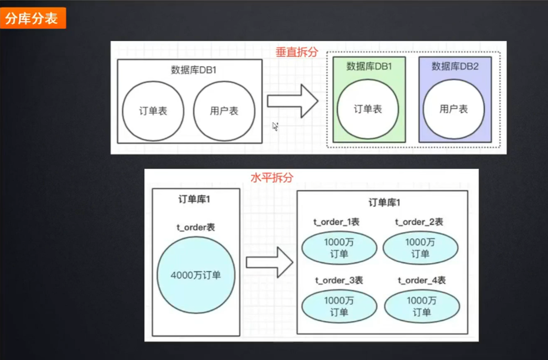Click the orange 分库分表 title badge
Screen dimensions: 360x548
32,18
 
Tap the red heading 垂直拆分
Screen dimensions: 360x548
297,52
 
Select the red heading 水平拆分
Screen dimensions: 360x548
272,178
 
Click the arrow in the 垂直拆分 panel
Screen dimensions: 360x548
293,101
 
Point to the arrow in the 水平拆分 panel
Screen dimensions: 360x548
269,262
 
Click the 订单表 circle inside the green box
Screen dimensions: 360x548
368,109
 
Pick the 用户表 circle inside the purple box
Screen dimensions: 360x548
454,109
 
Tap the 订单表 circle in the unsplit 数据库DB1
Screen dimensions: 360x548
153,111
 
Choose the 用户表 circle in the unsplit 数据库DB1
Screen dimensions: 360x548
224,111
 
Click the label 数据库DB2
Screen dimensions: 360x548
455,66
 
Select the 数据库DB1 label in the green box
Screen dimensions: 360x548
369,66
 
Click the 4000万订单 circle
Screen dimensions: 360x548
196,275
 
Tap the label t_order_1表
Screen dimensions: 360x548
336,222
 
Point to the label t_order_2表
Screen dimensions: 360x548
419,222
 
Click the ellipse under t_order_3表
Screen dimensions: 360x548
339,306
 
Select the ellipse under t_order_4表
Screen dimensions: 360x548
422,306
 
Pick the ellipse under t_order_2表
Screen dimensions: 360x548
420,248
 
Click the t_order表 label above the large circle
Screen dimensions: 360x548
196,227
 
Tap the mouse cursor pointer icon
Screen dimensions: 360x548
275,126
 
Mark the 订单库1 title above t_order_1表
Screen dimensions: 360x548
384,203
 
